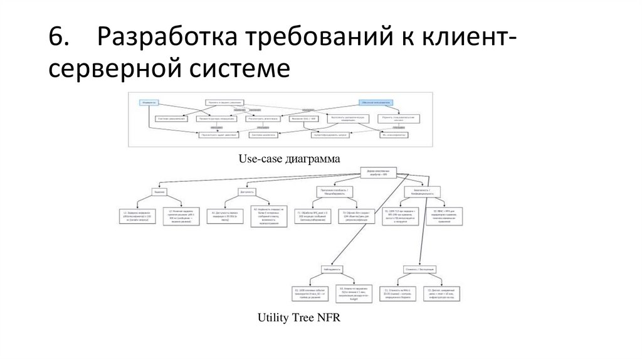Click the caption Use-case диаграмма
[x=289, y=159]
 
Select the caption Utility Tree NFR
[x=298, y=318]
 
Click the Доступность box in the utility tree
[x=246, y=192]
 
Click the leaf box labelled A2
[x=268, y=216]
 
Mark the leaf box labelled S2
[x=447, y=216]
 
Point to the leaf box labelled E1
[x=310, y=294]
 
